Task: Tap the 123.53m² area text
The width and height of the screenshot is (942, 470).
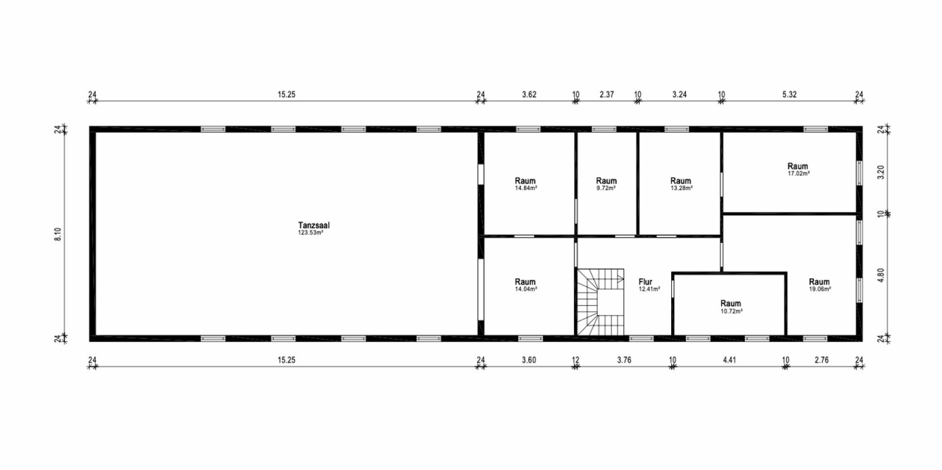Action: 310,233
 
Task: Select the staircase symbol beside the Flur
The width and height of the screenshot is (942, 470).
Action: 600,301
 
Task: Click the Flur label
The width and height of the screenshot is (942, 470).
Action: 645,281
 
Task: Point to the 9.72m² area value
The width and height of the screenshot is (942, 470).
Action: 606,188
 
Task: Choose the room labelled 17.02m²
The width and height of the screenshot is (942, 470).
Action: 798,166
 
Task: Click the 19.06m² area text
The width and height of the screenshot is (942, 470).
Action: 819,289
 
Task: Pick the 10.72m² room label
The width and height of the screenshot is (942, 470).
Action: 731,304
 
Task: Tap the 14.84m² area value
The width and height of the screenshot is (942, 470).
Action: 525,188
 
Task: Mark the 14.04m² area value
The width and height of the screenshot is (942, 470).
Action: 525,289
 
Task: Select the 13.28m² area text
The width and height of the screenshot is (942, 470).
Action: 681,188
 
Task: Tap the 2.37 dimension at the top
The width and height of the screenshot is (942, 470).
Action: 606,94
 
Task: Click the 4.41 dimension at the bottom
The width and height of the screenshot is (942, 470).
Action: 729,359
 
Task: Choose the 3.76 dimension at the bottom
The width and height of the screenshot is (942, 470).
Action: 623,359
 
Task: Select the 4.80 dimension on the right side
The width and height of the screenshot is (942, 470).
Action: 880,276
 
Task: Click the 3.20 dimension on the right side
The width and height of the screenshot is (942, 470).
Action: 880,173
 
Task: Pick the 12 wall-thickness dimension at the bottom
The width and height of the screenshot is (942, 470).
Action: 575,359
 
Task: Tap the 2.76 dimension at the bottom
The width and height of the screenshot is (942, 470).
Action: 822,359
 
